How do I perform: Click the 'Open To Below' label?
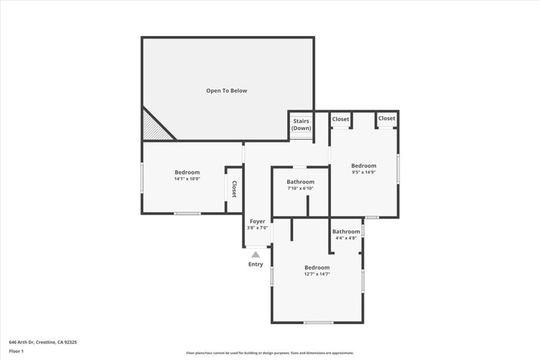(226, 91)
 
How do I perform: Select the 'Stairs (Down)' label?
(301, 125)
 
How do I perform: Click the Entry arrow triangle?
(255, 255)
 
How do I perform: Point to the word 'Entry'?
(255, 265)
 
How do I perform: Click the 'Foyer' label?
(257, 221)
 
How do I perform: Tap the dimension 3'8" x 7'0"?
(257, 228)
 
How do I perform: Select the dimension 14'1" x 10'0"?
(187, 179)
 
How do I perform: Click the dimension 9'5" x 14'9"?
(364, 172)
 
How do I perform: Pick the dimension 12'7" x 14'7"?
(317, 274)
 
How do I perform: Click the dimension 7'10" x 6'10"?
(301, 189)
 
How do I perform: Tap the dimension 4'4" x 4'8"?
(346, 238)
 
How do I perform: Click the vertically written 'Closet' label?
(234, 190)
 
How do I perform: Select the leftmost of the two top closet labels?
(341, 119)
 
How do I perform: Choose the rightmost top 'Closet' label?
(387, 119)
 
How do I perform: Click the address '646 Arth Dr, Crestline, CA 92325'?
(43, 342)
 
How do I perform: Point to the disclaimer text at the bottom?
(269, 353)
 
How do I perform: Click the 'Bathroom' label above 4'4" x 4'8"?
(346, 231)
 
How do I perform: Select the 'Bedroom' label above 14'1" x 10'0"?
(187, 172)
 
